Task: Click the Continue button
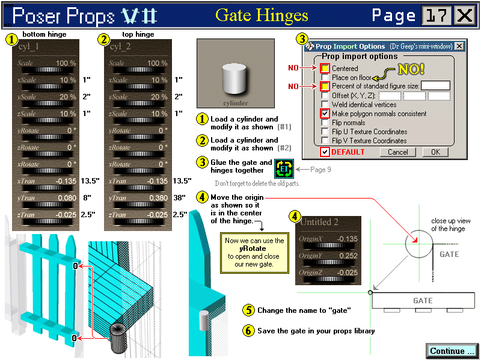(x=452, y=351)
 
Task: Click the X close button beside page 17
(x=464, y=15)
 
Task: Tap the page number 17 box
(x=436, y=15)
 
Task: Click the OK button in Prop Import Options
(x=435, y=152)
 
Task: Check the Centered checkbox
(x=325, y=68)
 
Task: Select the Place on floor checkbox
(x=325, y=77)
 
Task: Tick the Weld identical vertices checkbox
(x=325, y=104)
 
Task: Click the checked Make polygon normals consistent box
(x=325, y=113)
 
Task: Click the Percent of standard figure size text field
(x=435, y=86)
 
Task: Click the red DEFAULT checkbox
(x=325, y=152)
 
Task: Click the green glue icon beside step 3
(x=284, y=170)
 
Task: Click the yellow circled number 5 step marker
(x=248, y=310)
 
